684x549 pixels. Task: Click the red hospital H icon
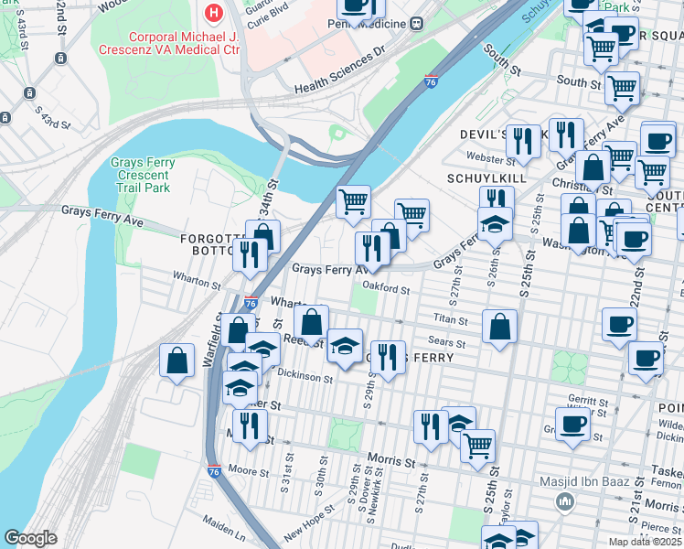pyautogui.click(x=214, y=13)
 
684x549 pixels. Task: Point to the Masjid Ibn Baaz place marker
pyautogui.click(x=564, y=501)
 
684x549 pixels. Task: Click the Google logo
pyautogui.click(x=30, y=538)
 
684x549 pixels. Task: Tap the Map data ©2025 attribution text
pyautogui.click(x=644, y=542)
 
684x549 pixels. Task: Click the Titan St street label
pyautogui.click(x=450, y=321)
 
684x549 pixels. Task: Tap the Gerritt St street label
pyautogui.click(x=588, y=401)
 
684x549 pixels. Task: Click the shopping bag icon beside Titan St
pyautogui.click(x=499, y=326)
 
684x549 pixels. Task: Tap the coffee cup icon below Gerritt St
pyautogui.click(x=572, y=424)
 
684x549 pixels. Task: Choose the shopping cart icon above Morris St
pyautogui.click(x=477, y=446)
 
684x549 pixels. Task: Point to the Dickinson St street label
pyautogui.click(x=306, y=377)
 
